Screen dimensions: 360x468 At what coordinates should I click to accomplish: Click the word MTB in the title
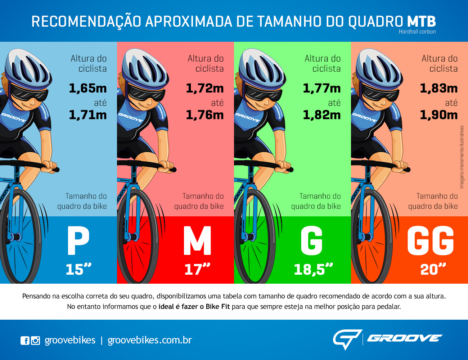coord(421,22)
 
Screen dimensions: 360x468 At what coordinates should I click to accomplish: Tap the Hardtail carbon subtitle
coord(417,32)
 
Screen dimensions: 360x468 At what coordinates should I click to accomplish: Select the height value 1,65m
coord(88,88)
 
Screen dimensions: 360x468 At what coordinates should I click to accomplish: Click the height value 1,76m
coord(205,115)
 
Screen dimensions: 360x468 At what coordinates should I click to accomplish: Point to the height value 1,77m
coord(322,88)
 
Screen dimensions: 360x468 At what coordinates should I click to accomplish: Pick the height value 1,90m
coord(439,115)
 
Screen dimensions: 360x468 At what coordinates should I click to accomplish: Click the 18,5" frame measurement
coord(313,269)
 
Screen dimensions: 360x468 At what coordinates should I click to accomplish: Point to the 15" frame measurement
coord(78,269)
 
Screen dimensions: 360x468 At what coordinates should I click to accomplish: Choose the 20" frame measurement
coord(433,269)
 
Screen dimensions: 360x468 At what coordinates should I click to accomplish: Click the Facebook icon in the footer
coord(25,340)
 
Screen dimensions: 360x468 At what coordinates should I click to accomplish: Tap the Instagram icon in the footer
coord(35,340)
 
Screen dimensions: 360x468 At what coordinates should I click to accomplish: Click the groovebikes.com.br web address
coord(150,340)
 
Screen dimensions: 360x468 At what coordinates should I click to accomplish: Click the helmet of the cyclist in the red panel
coord(144,67)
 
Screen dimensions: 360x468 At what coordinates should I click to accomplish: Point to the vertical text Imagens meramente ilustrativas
coord(462,157)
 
